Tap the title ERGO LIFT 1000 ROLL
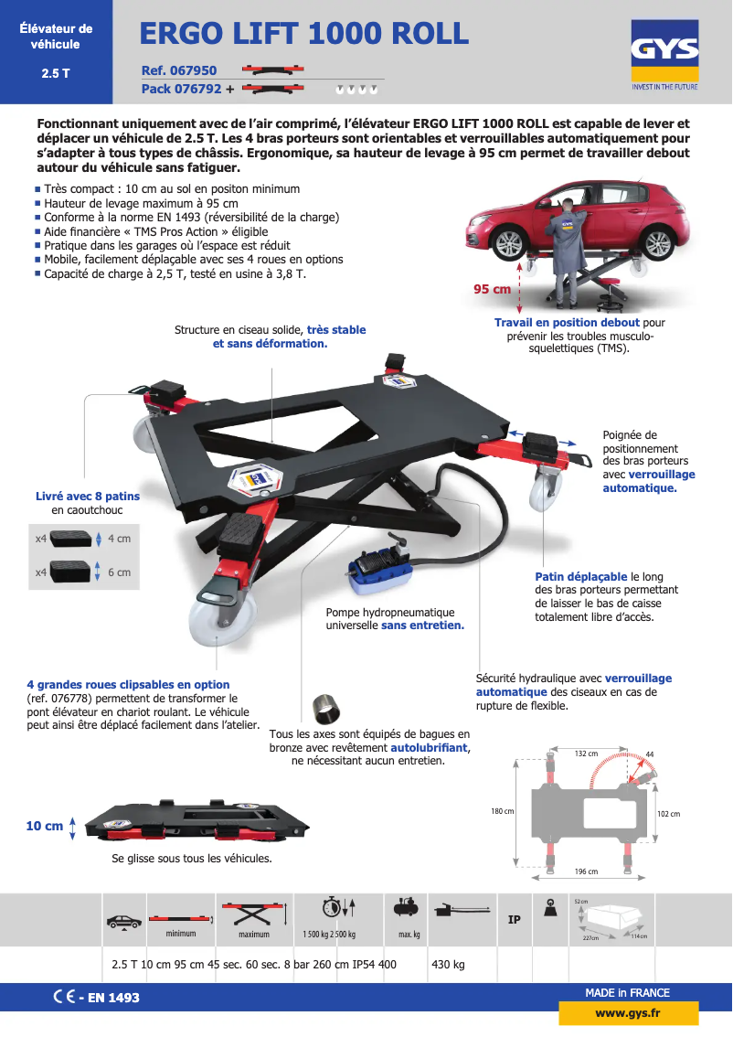pyautogui.click(x=304, y=34)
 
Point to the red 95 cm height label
pyautogui.click(x=492, y=289)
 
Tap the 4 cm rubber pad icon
pyautogui.click(x=72, y=539)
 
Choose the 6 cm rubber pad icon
pyautogui.click(x=72, y=572)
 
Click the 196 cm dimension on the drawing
pyautogui.click(x=586, y=871)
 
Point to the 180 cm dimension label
pyautogui.click(x=502, y=811)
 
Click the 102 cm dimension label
pyautogui.click(x=669, y=813)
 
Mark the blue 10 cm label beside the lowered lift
pyautogui.click(x=45, y=826)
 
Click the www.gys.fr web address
pyautogui.click(x=628, y=1013)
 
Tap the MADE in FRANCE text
pyautogui.click(x=627, y=992)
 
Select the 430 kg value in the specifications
pyautogui.click(x=448, y=964)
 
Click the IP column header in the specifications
pyautogui.click(x=514, y=919)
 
